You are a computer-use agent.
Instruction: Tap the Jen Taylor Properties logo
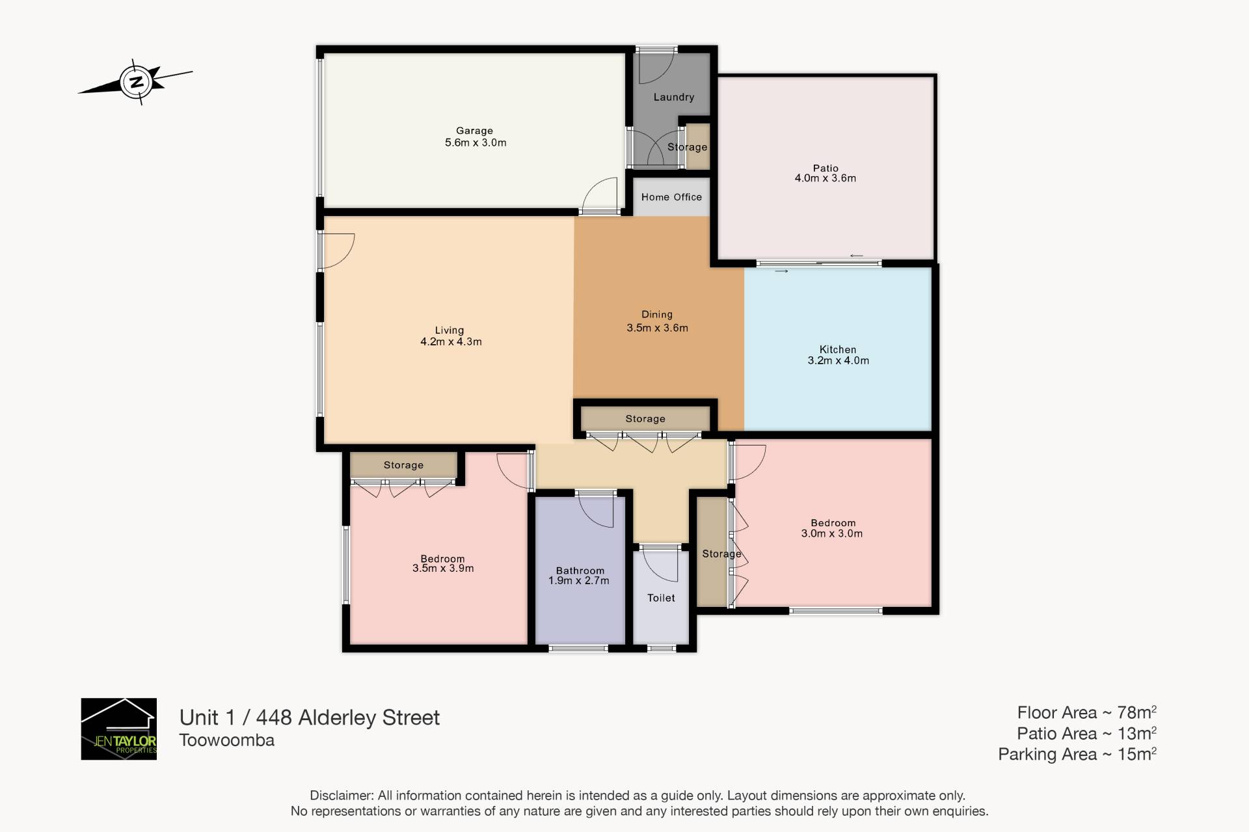click(118, 729)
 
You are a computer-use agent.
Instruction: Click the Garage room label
click(474, 131)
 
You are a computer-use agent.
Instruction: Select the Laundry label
click(673, 97)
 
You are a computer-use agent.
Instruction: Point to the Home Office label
click(671, 197)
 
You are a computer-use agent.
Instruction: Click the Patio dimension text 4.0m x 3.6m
click(825, 178)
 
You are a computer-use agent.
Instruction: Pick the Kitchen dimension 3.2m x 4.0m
click(838, 360)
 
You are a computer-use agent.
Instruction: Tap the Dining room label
click(657, 314)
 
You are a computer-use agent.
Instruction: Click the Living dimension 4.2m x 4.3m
click(451, 342)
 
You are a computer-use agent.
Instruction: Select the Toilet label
click(661, 598)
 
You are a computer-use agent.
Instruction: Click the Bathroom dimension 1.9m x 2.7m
click(578, 581)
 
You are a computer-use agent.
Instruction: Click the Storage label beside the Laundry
click(687, 147)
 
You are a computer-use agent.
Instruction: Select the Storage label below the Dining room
click(645, 419)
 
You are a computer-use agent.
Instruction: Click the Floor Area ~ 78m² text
click(1086, 712)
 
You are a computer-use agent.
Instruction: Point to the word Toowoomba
click(227, 740)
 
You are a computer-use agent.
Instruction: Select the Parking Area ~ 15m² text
click(1077, 754)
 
